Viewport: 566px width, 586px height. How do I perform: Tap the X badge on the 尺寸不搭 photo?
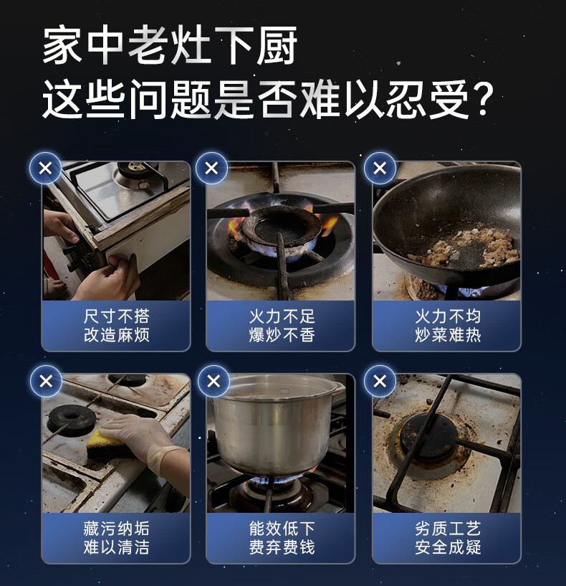[46, 168]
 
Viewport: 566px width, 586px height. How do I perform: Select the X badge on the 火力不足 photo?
[211, 168]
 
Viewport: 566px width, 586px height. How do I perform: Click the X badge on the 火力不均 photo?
[380, 168]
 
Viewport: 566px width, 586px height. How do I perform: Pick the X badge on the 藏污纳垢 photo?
[46, 381]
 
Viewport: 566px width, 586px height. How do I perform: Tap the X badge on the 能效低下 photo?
[214, 381]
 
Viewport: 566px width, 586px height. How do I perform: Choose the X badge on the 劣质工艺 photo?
[380, 381]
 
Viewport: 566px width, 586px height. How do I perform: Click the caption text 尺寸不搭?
[117, 316]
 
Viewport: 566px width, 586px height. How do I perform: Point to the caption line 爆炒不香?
[282, 335]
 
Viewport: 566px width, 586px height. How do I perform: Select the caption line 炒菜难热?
[448, 335]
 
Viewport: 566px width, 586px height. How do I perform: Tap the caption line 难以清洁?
[117, 547]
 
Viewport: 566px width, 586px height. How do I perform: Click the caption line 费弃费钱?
[282, 547]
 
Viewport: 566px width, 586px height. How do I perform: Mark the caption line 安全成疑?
[448, 547]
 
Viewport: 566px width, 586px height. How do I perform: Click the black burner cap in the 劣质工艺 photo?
[433, 438]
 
